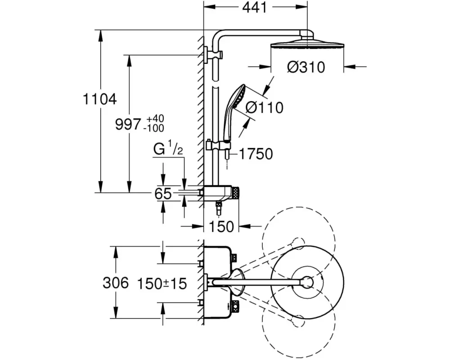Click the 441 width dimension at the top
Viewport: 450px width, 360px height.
(x=255, y=8)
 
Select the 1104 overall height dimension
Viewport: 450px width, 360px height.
(x=99, y=99)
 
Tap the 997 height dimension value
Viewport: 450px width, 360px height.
(x=128, y=124)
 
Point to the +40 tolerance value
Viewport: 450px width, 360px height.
(x=155, y=118)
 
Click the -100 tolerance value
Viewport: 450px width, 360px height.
(x=154, y=128)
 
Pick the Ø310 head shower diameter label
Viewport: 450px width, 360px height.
(x=306, y=67)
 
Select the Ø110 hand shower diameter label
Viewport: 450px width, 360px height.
(x=264, y=108)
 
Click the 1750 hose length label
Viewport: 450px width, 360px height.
(x=256, y=154)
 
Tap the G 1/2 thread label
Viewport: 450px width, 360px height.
(x=168, y=149)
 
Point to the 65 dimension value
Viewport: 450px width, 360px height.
(x=163, y=193)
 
